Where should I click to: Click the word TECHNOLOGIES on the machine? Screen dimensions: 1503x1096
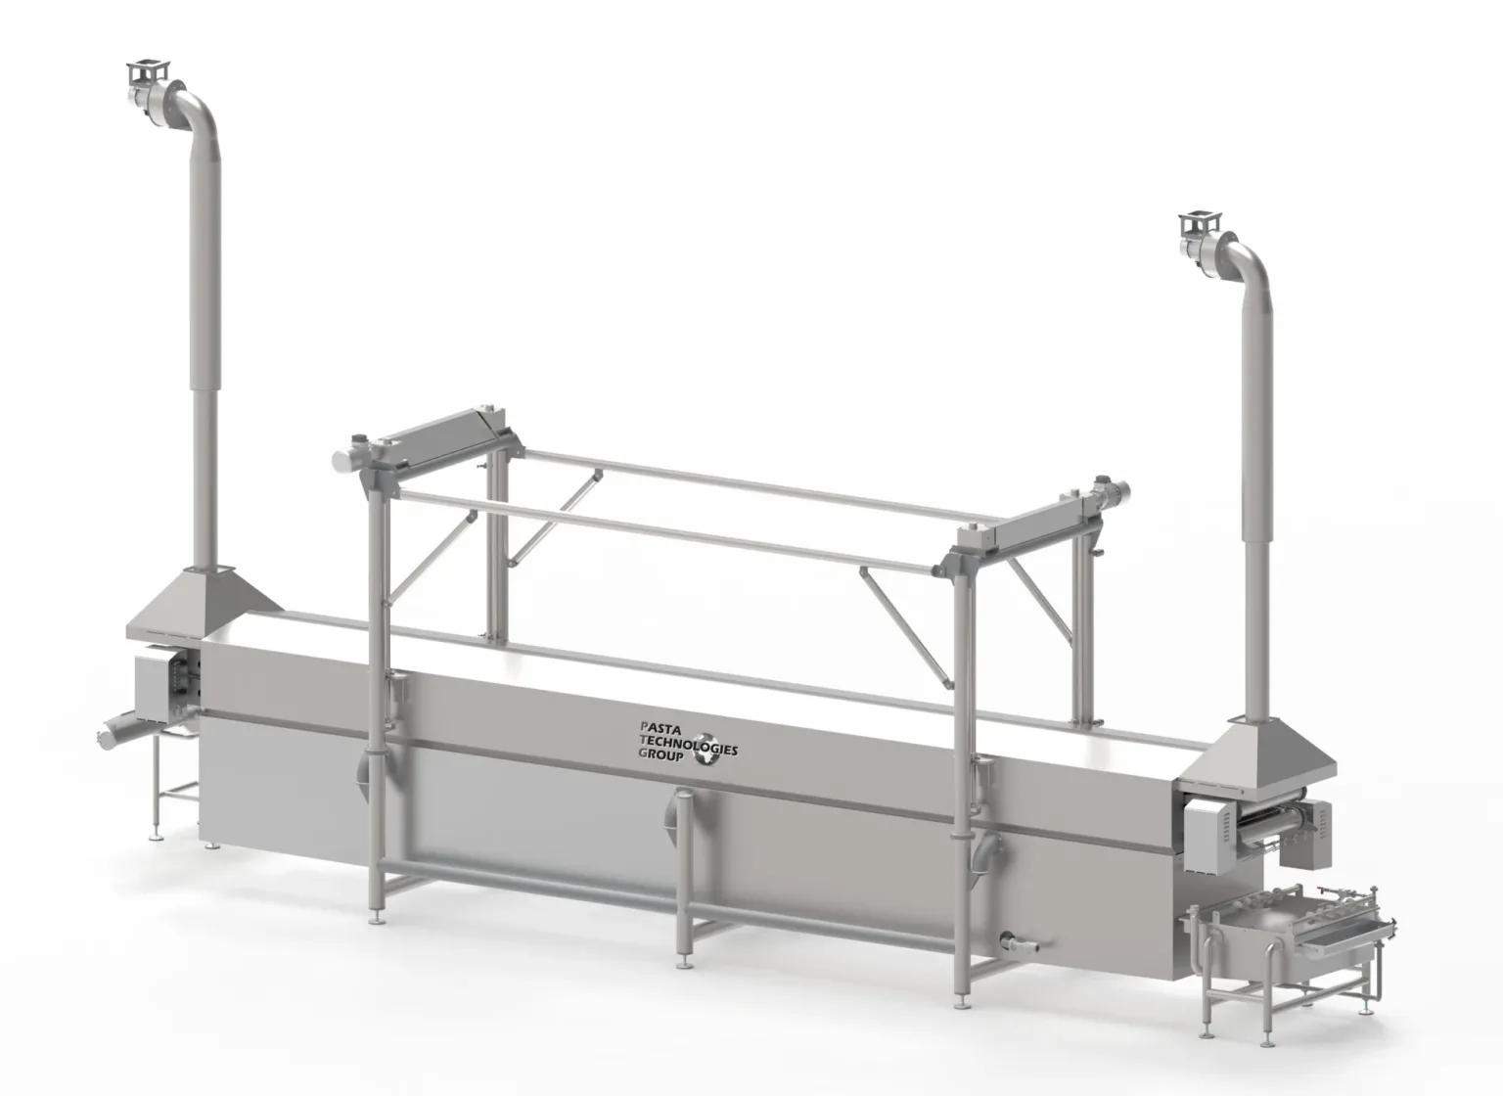[689, 744]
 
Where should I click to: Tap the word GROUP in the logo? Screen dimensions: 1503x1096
[660, 754]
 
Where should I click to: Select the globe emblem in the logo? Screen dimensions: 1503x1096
[707, 749]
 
